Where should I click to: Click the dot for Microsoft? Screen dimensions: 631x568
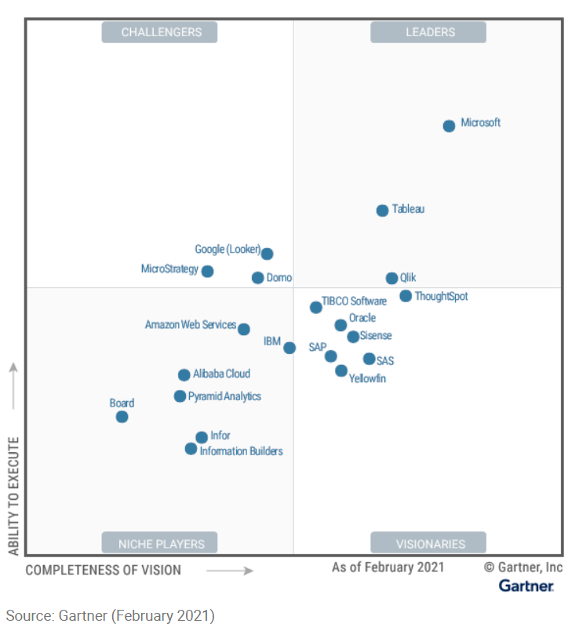449,126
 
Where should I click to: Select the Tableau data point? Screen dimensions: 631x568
382,210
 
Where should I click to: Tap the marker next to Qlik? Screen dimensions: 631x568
391,279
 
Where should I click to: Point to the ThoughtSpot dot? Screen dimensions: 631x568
406,296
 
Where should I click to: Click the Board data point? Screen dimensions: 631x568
122,417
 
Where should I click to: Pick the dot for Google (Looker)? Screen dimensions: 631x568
267,253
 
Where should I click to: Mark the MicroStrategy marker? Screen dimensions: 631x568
207,272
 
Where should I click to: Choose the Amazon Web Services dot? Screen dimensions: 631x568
244,330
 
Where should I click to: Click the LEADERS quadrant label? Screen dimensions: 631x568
428,32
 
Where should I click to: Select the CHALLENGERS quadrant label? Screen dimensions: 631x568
160,32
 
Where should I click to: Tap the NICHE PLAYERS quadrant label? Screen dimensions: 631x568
160,543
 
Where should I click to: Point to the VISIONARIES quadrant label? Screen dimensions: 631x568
428,543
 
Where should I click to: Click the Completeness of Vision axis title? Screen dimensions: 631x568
103,571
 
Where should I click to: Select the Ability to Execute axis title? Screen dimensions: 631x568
13,496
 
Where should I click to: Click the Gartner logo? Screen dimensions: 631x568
526,586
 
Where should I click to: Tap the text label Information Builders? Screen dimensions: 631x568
241,451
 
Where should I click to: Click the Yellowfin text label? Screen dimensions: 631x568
367,379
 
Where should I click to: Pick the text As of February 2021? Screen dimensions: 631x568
388,567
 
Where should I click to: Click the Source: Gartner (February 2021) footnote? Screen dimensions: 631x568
110,615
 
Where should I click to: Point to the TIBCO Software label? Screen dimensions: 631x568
354,301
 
